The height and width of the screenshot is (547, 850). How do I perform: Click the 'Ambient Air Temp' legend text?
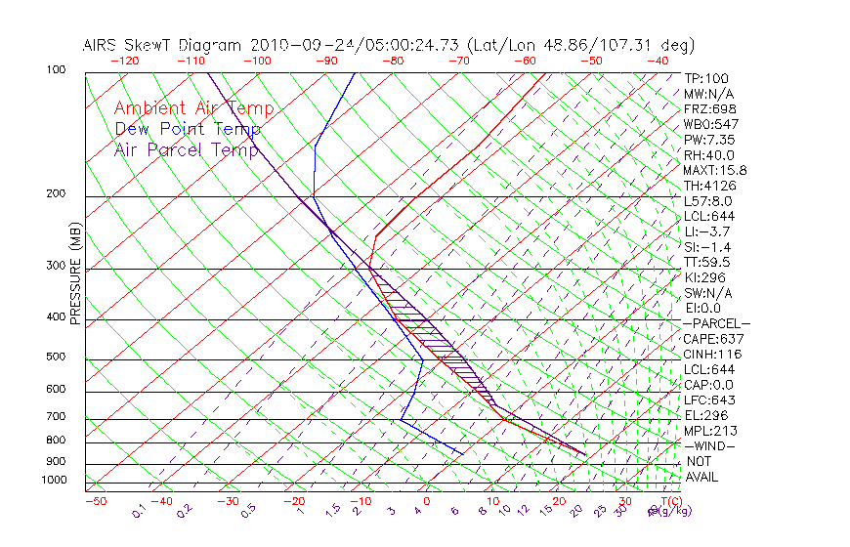coord(193,108)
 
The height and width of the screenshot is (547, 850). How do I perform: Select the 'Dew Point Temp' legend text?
coord(188,129)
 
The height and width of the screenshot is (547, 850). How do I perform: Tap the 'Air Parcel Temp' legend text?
coord(187,149)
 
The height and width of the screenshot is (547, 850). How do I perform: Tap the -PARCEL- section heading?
coord(717,322)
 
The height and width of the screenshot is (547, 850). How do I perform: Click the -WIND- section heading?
coord(710,445)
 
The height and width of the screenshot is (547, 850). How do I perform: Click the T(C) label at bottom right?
coord(670,501)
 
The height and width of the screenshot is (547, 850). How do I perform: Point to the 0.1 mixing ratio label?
coord(140,509)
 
